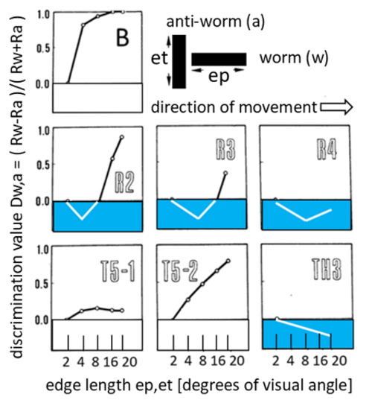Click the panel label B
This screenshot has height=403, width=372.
(122, 37)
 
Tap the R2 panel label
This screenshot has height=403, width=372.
(124, 183)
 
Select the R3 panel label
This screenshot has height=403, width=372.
(225, 150)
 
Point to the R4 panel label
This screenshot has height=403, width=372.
(327, 150)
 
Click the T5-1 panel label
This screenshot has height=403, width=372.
(118, 272)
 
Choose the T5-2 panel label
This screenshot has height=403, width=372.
(180, 271)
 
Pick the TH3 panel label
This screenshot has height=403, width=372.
(327, 269)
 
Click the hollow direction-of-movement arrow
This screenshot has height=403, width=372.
(336, 107)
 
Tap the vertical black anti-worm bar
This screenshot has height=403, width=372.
(179, 61)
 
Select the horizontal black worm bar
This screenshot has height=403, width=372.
(219, 59)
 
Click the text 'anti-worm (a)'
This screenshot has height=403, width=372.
(216, 22)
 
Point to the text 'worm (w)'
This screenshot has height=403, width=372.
(294, 57)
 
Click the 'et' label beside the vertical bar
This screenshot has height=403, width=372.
(159, 58)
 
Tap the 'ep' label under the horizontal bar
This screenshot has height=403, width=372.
(219, 77)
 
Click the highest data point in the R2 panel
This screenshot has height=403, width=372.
(122, 137)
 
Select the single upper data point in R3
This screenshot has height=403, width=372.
(225, 173)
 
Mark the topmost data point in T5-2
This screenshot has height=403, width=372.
(228, 261)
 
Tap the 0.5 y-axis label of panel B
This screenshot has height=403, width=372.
(43, 48)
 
